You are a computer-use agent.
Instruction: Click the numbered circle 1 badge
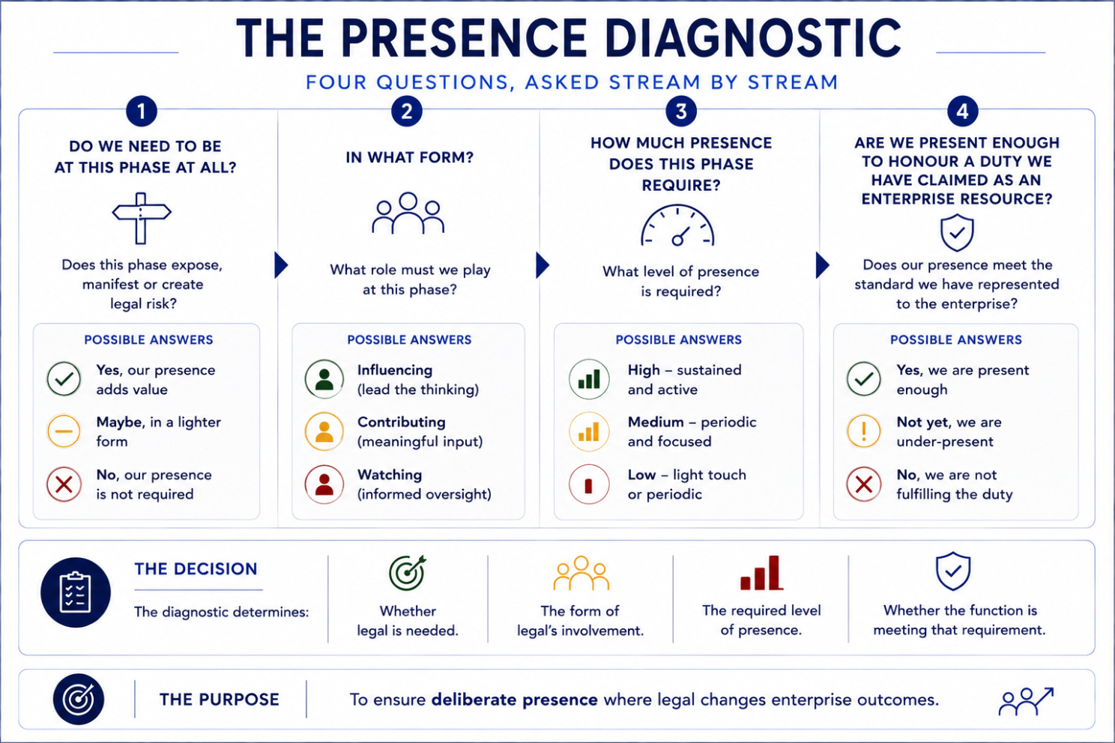tap(142, 111)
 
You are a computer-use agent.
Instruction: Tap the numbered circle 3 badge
tap(681, 111)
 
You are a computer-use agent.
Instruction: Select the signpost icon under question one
tap(142, 218)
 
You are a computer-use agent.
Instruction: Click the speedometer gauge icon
tap(677, 226)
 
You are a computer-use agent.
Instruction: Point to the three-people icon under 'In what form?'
tap(408, 213)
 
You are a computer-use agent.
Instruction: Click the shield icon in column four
tap(957, 232)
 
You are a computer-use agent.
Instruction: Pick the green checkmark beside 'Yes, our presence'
tap(64, 379)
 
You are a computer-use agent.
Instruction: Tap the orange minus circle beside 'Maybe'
tap(64, 431)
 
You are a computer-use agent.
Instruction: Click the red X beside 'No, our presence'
tap(64, 484)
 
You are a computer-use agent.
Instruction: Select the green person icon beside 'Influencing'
tap(324, 379)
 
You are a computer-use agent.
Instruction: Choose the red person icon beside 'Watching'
tap(324, 484)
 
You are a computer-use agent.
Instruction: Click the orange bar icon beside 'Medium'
tap(589, 431)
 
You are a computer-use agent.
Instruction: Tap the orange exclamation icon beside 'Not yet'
tap(864, 431)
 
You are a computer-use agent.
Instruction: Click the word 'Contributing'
tap(401, 422)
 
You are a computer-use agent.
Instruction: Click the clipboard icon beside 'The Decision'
tap(76, 592)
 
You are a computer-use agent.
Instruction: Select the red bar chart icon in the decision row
tap(761, 573)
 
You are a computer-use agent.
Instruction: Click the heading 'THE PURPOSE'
tap(219, 700)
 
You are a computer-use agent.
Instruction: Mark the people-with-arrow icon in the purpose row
tap(1026, 701)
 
